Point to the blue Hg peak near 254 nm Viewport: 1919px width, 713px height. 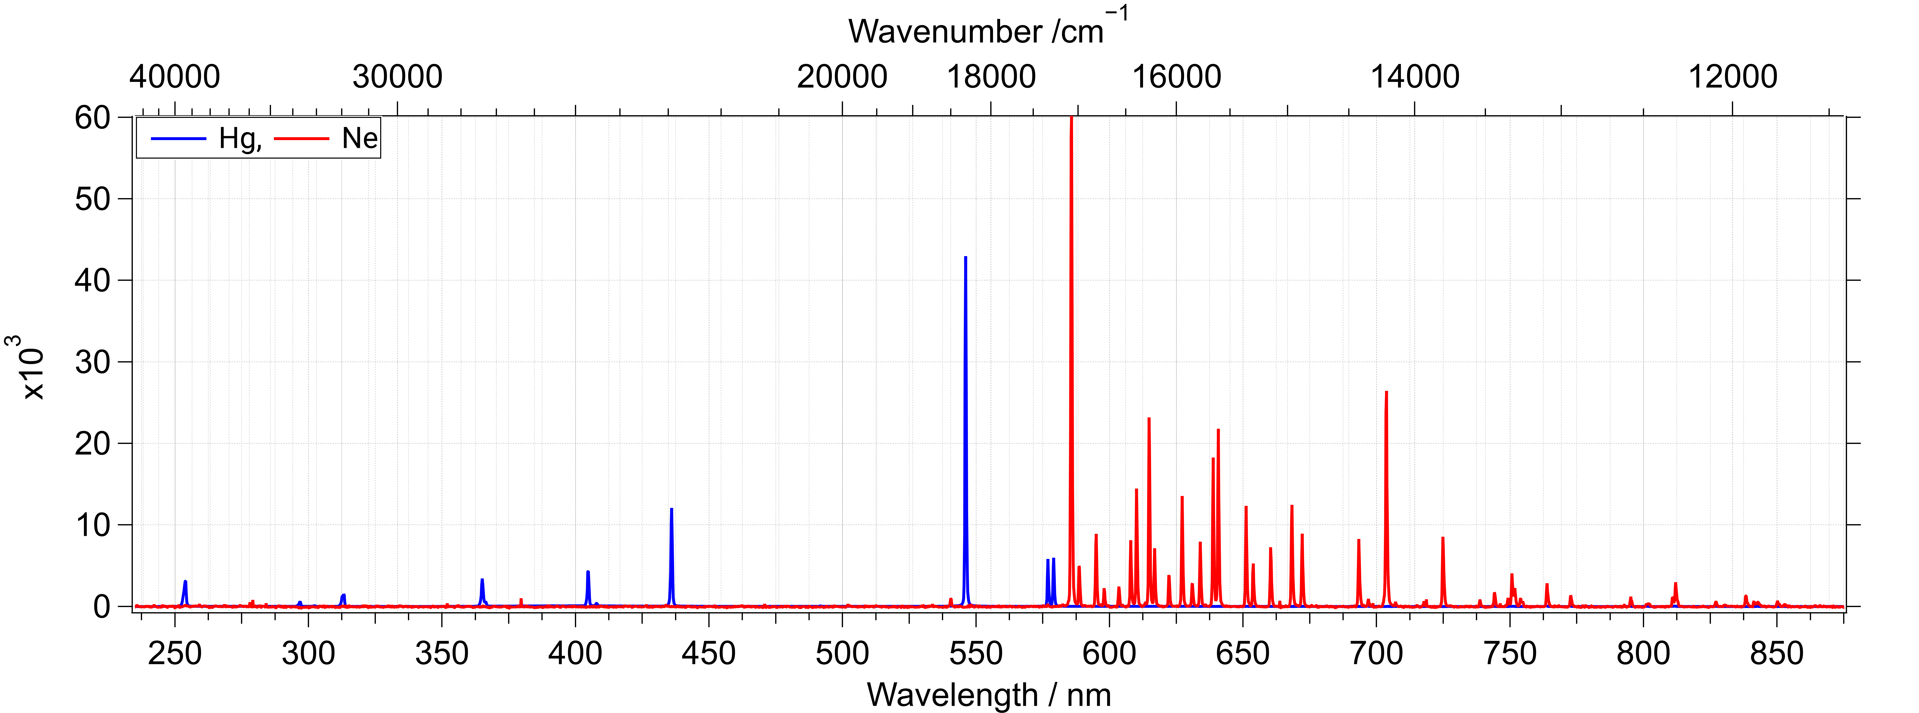pos(185,593)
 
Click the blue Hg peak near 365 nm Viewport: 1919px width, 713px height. pos(482,592)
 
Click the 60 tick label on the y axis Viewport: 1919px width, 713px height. pos(92,118)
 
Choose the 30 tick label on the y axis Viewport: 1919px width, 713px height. pos(92,362)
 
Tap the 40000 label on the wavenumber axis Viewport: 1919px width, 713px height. pos(174,77)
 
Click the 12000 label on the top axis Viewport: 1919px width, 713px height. pos(1732,77)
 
